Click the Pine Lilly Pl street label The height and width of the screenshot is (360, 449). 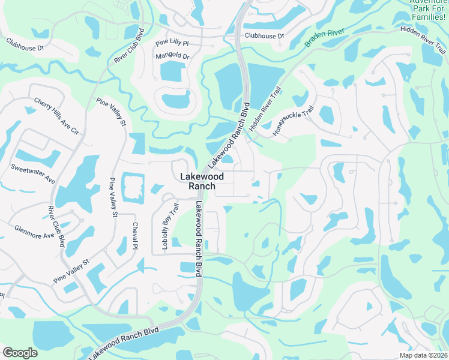pyautogui.click(x=172, y=43)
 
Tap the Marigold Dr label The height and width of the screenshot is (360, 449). pyautogui.click(x=172, y=56)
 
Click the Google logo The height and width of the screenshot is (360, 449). pyautogui.click(x=20, y=353)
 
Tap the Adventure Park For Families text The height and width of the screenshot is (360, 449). pyautogui.click(x=428, y=8)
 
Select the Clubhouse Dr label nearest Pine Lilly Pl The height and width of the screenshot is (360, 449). pyautogui.click(x=264, y=36)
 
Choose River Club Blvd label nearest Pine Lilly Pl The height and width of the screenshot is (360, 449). pyautogui.click(x=129, y=45)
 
